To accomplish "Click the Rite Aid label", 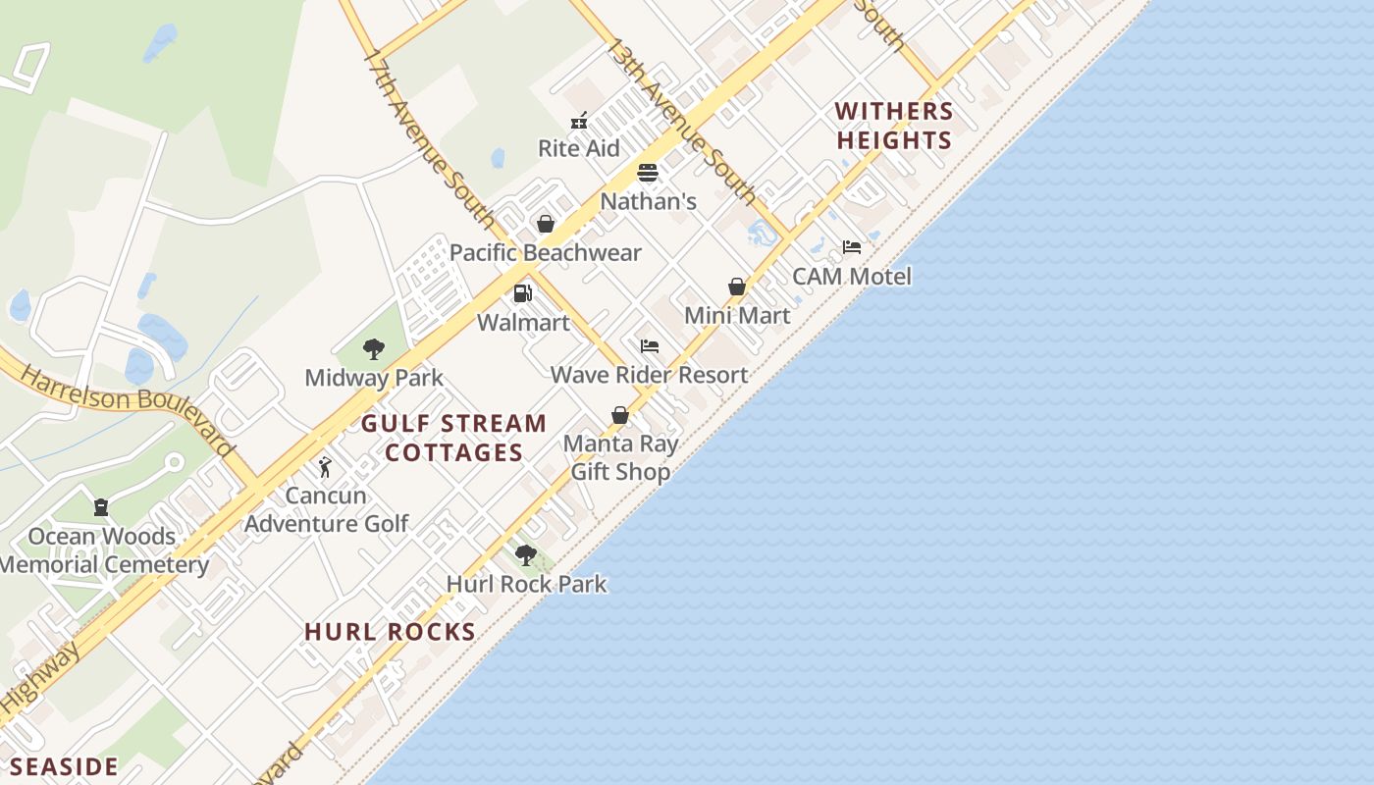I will coord(579,148).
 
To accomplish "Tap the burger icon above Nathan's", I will coord(648,174).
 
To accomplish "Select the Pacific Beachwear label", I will coord(545,252).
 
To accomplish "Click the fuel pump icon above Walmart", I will coord(523,293).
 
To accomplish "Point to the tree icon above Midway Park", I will coord(373,348).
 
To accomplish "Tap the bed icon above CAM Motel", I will coord(852,247).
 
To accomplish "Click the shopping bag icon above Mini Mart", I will coord(737,287).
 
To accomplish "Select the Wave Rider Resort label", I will coord(649,374).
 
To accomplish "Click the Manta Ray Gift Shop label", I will coord(620,457).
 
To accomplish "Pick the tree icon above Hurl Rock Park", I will coord(526,555).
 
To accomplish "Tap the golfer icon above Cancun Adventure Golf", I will coord(326,467).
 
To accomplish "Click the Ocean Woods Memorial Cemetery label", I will coord(103,550).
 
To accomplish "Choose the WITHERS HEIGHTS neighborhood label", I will coord(894,126).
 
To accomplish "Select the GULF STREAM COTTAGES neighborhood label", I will coord(453,438).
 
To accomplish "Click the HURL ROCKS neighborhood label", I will coord(390,631).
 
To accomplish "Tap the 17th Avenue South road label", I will coord(428,138).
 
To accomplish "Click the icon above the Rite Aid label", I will coord(579,121).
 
